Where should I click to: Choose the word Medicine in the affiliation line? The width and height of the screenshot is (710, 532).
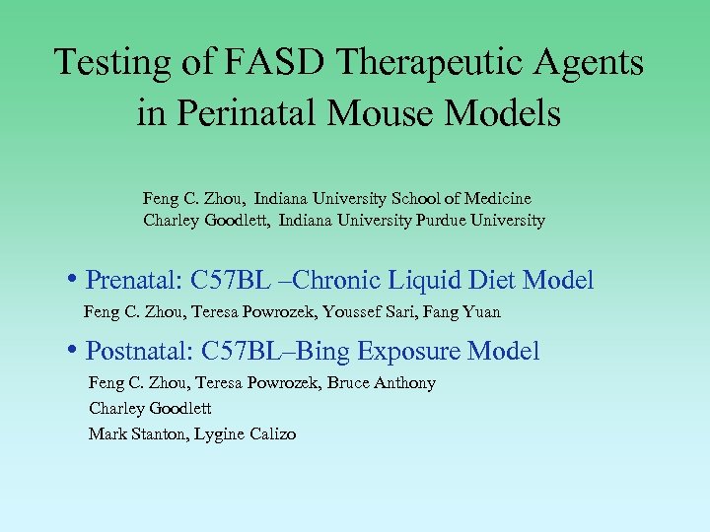tap(500, 198)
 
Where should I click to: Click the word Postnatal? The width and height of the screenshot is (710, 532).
tap(139, 352)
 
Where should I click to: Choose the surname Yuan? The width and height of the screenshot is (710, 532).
tap(479, 312)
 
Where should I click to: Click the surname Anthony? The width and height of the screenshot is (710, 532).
tap(404, 383)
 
